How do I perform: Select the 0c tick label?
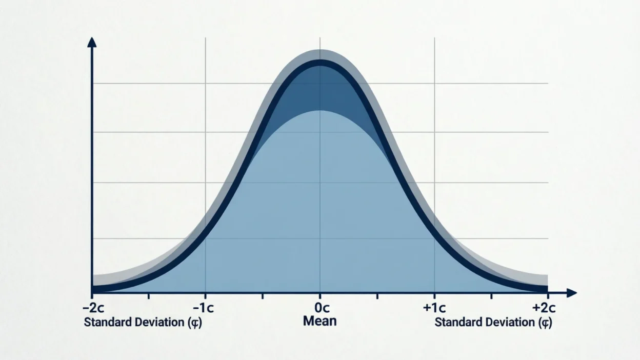pos(320,309)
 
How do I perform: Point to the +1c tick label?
pos(434,309)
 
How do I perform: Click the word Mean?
pos(320,322)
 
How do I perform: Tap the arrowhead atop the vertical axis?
pos(92,42)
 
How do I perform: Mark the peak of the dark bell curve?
pos(320,63)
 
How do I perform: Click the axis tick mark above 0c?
pos(320,296)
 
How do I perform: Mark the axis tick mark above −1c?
pos(205,296)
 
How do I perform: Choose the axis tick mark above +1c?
pos(434,296)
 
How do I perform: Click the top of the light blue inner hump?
pos(320,111)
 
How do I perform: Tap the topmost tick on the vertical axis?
pos(95,83)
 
